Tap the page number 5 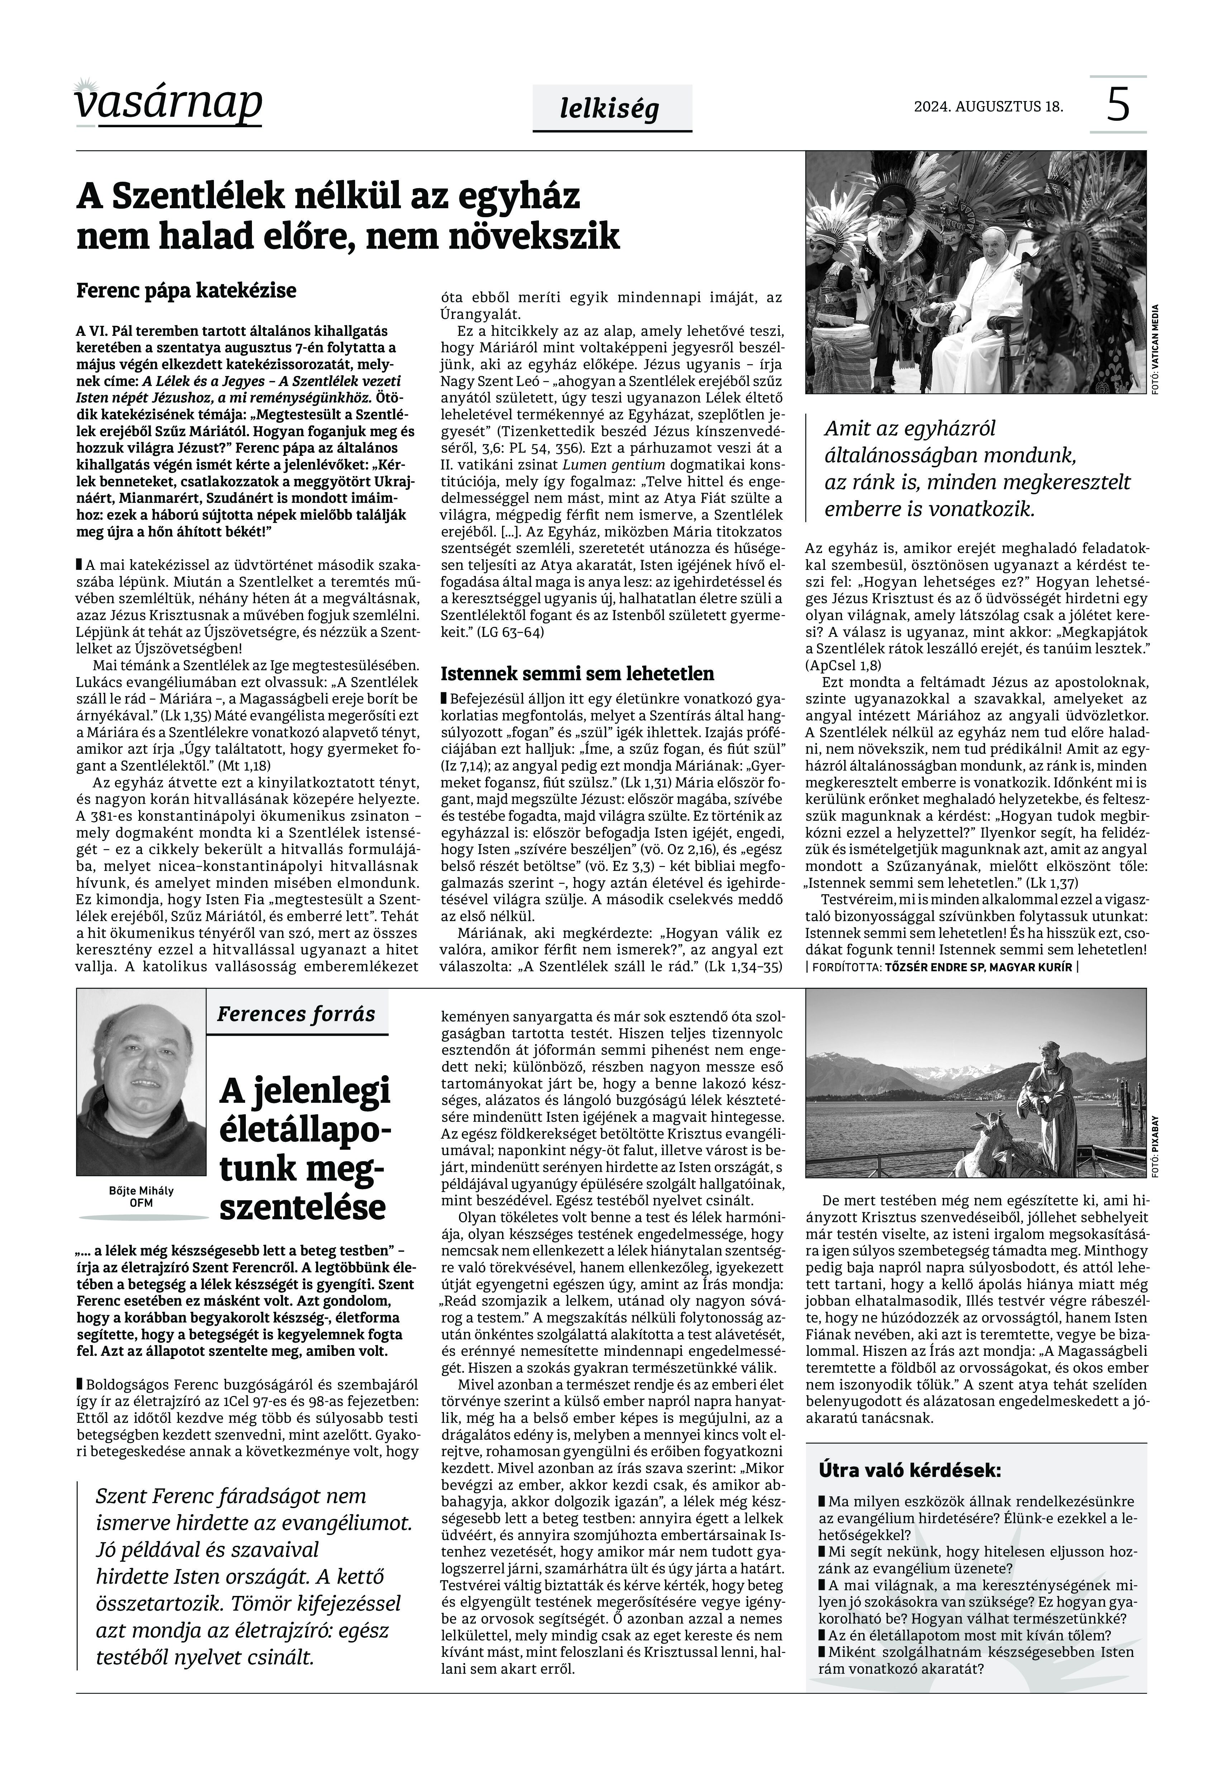tap(1118, 105)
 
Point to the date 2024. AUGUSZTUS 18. tap(989, 106)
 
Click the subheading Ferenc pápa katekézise tap(186, 291)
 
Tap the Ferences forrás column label tap(296, 1014)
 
